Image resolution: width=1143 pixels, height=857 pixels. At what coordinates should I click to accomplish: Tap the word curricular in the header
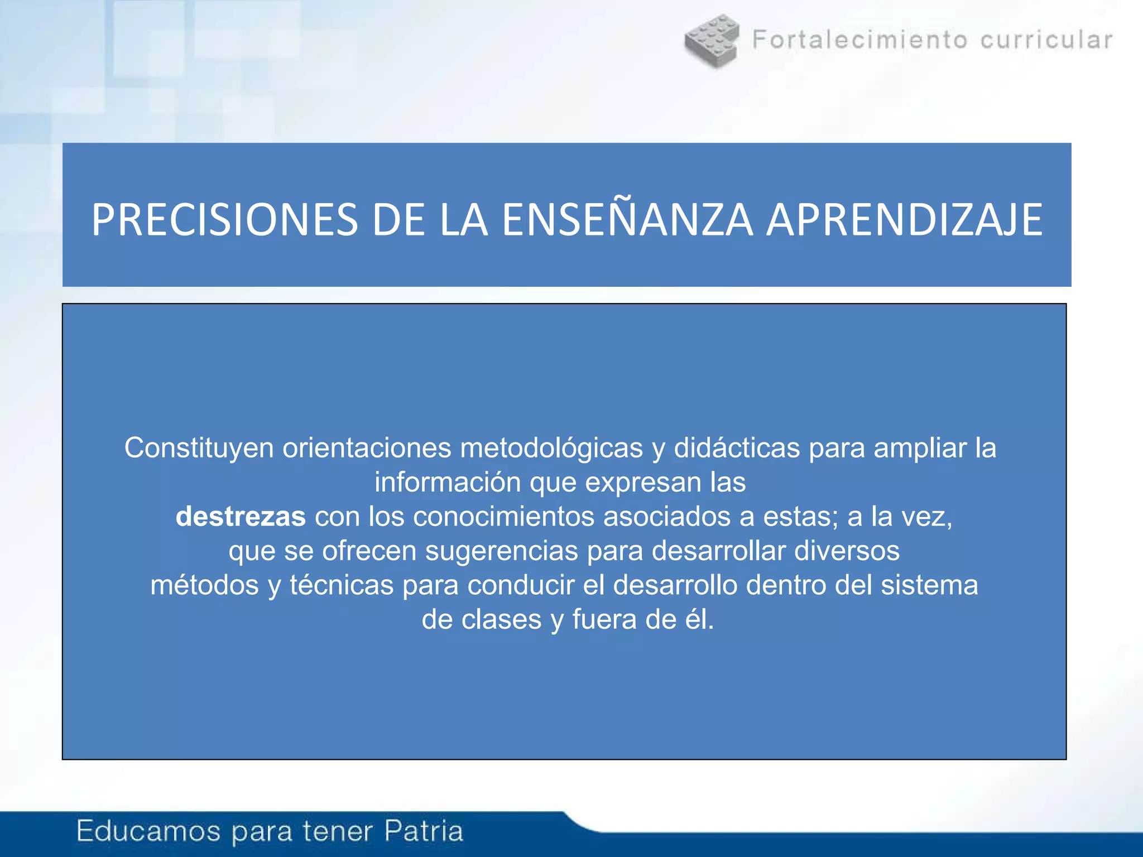1046,40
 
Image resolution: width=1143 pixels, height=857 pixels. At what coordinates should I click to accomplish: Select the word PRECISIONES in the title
224,220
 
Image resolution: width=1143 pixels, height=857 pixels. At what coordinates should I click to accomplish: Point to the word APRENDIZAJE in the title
904,220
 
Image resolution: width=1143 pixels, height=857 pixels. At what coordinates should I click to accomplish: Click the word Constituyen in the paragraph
199,448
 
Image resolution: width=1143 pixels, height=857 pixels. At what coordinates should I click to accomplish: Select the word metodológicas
551,448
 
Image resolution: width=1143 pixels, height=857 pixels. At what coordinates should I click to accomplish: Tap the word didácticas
737,448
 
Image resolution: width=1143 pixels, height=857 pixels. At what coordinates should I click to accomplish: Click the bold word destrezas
241,517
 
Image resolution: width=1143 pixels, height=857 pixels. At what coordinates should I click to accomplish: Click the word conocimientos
503,517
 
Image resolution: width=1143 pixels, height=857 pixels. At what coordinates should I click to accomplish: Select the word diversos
847,551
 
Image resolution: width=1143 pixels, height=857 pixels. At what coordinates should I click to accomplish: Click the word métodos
204,585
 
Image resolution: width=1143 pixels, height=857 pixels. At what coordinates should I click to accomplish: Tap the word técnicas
342,585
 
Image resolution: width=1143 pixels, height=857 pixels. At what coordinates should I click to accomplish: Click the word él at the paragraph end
699,619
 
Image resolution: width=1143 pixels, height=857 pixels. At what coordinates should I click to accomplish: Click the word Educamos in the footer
148,831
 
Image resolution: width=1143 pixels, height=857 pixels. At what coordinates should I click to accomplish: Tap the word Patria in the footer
424,831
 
